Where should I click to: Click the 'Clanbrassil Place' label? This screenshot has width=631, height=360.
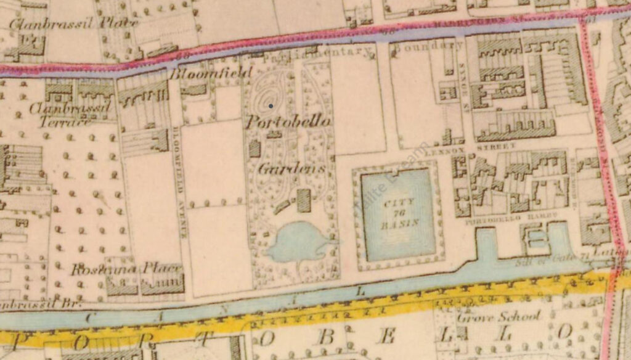[x=73, y=23]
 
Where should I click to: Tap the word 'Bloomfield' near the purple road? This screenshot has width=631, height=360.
[x=211, y=73]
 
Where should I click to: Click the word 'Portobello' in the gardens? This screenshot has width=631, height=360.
[x=288, y=121]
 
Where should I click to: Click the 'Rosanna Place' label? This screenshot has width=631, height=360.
[x=126, y=269]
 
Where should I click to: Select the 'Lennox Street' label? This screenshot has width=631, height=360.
[x=495, y=147]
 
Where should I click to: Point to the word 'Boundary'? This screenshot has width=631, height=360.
[x=428, y=45]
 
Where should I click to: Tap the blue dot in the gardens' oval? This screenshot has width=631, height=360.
[x=271, y=106]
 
